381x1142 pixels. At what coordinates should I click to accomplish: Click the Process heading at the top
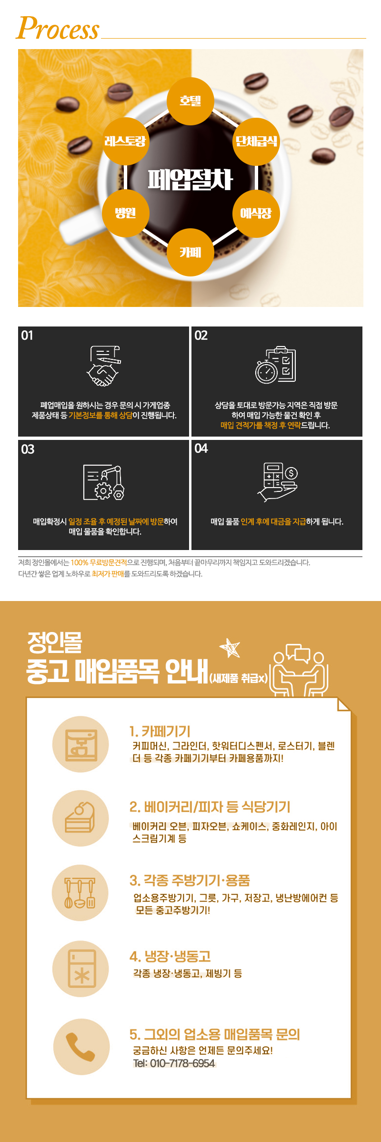tap(58, 29)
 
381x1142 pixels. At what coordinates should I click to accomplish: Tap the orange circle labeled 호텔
tap(190, 101)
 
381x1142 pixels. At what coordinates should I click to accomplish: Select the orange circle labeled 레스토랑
tap(125, 141)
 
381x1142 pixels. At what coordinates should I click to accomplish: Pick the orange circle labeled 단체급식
tap(256, 141)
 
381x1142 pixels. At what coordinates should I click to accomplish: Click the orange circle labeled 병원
tap(125, 213)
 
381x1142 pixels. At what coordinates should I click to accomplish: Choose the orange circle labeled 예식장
tap(256, 213)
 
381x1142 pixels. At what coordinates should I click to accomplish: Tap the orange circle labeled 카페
tap(190, 252)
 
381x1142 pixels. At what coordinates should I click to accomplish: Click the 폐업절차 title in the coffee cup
tap(190, 180)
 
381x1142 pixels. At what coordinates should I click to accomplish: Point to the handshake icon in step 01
tap(103, 366)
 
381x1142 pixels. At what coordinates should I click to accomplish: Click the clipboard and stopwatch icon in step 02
tap(276, 365)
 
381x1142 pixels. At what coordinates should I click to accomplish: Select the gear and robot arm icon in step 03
tap(104, 482)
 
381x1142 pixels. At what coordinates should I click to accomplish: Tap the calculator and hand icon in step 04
tap(278, 481)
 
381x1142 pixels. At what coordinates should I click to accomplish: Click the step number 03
tap(28, 449)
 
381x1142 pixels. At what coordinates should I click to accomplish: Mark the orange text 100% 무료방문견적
tap(99, 562)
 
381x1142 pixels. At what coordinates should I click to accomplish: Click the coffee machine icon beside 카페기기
tap(80, 744)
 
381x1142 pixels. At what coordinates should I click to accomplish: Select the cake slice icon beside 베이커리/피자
tap(80, 818)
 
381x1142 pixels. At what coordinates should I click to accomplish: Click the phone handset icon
tap(80, 1047)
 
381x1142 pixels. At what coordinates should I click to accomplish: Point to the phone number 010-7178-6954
tap(182, 1063)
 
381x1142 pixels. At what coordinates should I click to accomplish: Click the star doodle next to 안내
tap(230, 648)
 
